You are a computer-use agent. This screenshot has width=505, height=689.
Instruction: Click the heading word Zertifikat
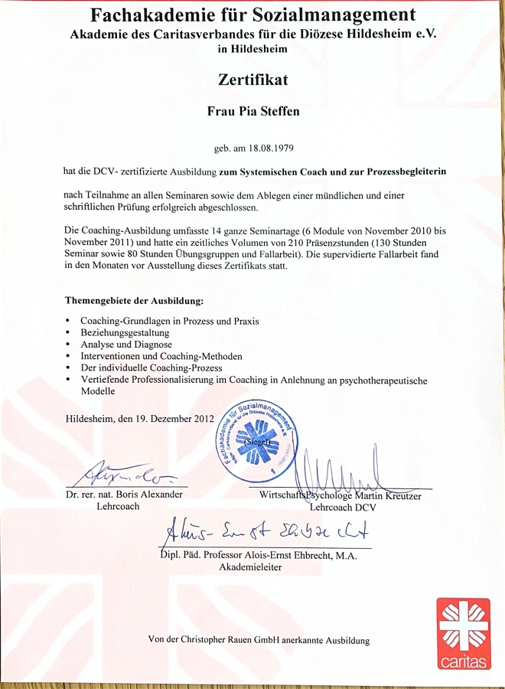252,80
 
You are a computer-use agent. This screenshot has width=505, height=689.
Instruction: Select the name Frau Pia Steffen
253,112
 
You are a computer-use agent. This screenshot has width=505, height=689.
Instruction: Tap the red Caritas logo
463,632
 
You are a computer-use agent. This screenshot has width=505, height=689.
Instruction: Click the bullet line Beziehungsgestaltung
125,333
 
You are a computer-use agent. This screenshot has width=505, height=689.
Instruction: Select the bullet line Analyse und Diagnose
126,344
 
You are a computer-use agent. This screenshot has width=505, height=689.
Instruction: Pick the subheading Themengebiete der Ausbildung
134,302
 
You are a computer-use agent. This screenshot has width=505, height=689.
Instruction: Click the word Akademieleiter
250,567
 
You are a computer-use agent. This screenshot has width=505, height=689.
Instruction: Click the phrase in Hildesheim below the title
252,49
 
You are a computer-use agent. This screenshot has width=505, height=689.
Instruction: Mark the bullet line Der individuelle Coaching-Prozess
147,367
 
